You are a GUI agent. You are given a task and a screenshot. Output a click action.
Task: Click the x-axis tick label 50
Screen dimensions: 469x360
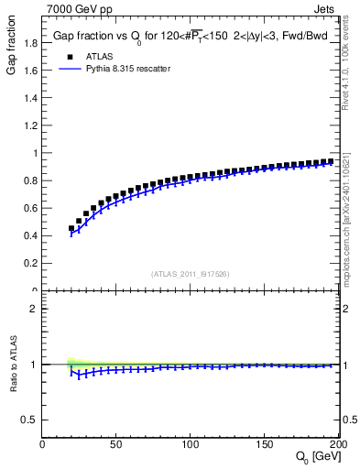[x=116, y=444]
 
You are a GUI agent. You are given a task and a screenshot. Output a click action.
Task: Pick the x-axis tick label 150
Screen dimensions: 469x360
[x=265, y=444]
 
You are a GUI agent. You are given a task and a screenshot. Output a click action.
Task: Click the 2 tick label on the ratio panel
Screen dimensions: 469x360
[x=34, y=309]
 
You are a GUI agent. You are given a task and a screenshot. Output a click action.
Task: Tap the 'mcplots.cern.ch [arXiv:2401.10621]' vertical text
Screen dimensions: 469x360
[x=351, y=220]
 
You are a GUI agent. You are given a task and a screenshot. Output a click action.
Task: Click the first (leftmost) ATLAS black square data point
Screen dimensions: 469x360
[x=71, y=229]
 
